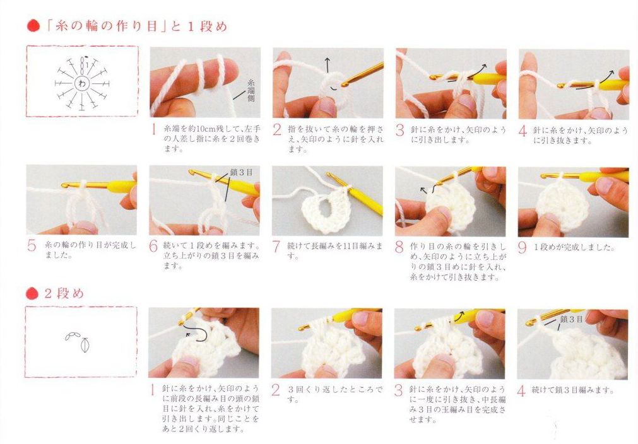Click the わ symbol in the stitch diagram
[x=82, y=84]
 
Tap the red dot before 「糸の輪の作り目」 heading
[x=33, y=26]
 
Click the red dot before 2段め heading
[x=32, y=293]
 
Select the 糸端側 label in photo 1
[x=251, y=90]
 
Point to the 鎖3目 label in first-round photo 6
[x=241, y=172]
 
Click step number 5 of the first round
[x=32, y=246]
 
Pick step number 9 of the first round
[x=522, y=247]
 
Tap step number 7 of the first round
[x=276, y=247]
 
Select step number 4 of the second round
[x=521, y=391]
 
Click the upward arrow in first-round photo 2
[x=328, y=65]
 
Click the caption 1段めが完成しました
[x=574, y=247]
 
